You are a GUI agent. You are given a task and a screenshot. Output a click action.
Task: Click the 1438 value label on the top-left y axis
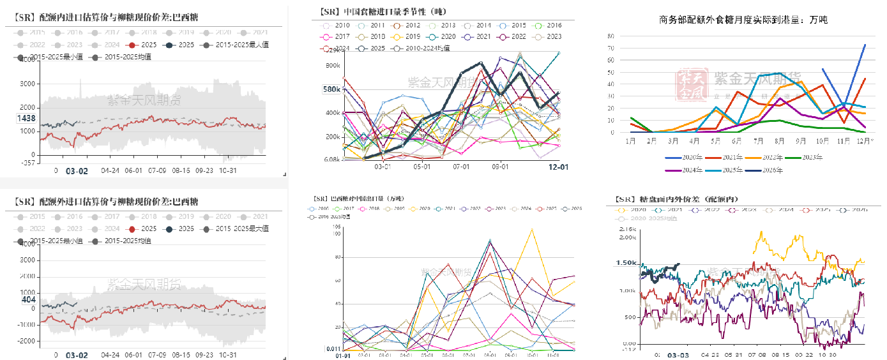click(x=26, y=119)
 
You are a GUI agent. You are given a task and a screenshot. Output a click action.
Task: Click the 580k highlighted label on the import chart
click(x=331, y=89)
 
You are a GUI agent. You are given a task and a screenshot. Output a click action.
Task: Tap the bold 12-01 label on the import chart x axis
click(x=559, y=167)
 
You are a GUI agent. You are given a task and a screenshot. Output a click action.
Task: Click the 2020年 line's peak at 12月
click(x=865, y=45)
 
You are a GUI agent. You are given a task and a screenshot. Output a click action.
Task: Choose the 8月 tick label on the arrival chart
click(x=779, y=140)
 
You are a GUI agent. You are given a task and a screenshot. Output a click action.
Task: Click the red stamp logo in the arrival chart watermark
click(x=690, y=85)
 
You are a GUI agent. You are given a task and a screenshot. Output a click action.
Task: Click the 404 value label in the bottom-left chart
click(x=28, y=299)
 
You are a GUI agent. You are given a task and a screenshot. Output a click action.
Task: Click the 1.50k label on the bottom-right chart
click(x=626, y=263)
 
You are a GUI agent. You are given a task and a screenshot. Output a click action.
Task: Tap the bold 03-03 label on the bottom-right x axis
click(x=678, y=354)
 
